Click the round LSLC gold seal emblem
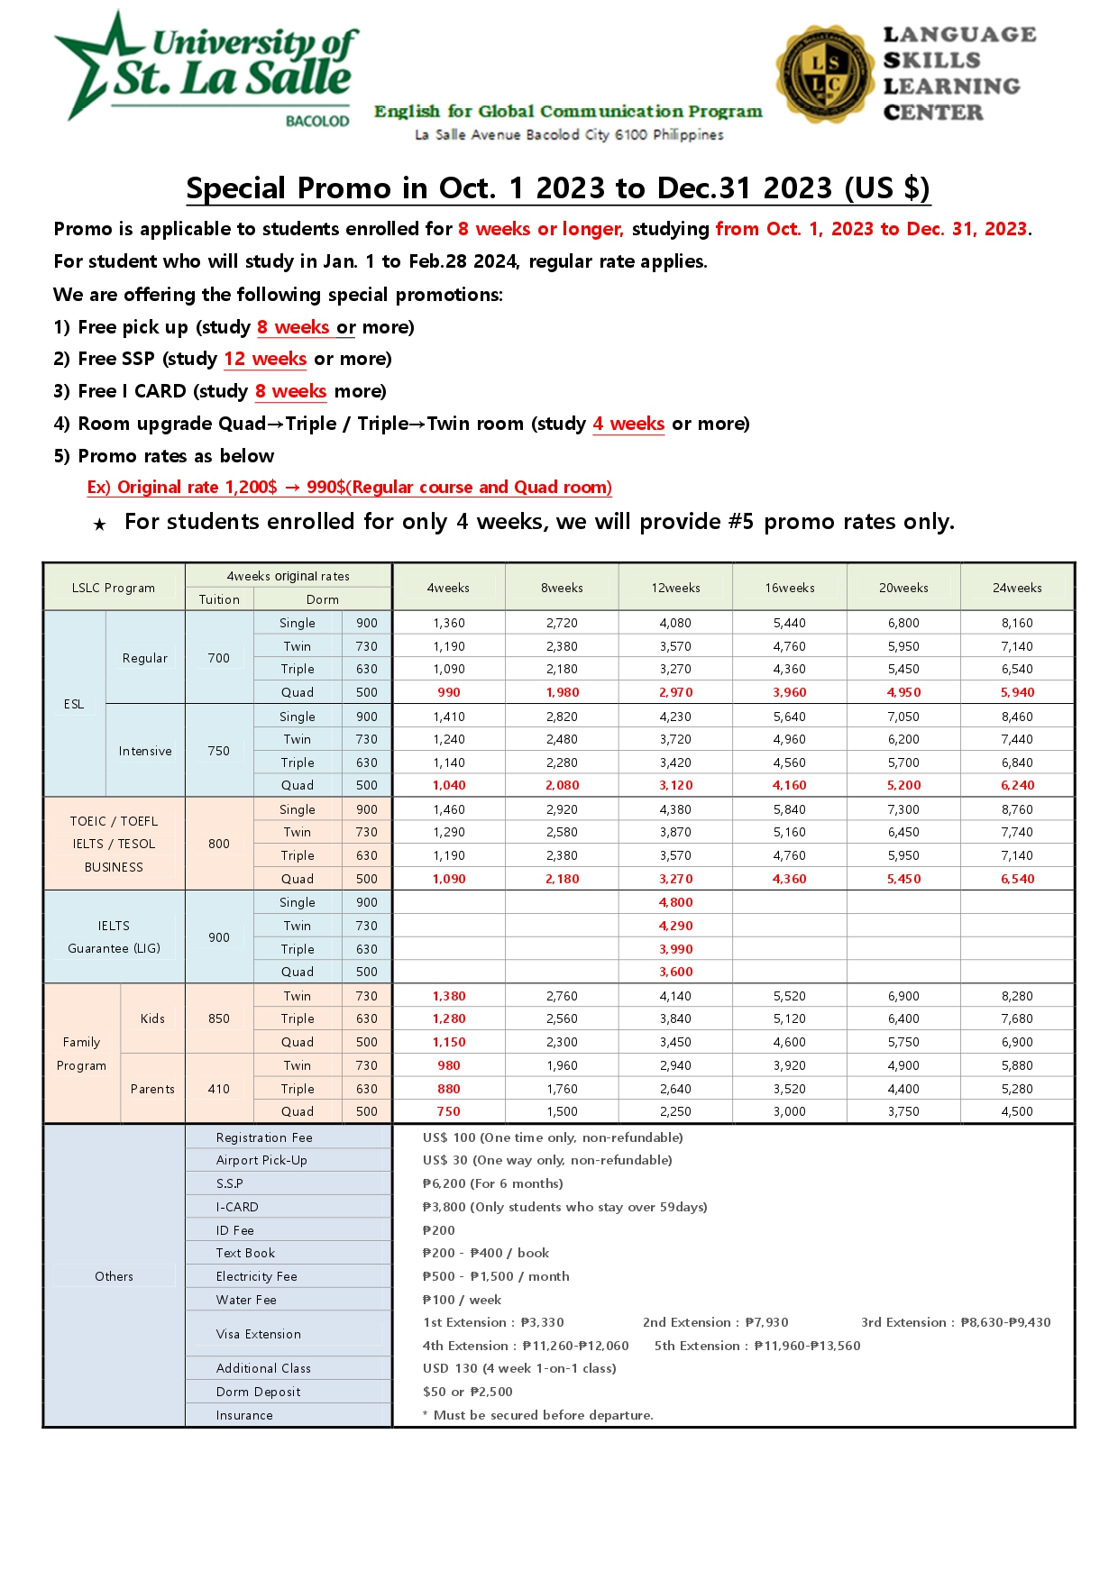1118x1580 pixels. [824, 74]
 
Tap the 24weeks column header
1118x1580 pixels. [1017, 588]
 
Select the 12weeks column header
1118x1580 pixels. [675, 588]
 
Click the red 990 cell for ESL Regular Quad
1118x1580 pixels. [449, 692]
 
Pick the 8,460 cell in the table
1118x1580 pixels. [1017, 717]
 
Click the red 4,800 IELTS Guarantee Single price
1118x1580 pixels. [675, 902]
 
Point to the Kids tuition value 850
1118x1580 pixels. [219, 1018]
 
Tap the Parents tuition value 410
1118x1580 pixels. [219, 1089]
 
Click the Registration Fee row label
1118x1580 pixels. [264, 1137]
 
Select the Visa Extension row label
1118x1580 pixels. [259, 1334]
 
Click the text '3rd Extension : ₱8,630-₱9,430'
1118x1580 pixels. [956, 1322]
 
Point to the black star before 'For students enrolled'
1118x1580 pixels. [100, 525]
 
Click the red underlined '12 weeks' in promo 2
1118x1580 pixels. [265, 359]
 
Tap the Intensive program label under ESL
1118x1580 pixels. [145, 751]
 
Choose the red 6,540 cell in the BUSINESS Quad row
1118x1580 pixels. [1017, 879]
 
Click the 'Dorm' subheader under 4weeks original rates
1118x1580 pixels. [322, 599]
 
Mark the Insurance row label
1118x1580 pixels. [244, 1415]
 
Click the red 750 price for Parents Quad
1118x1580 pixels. [449, 1111]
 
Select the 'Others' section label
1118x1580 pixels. [114, 1276]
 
